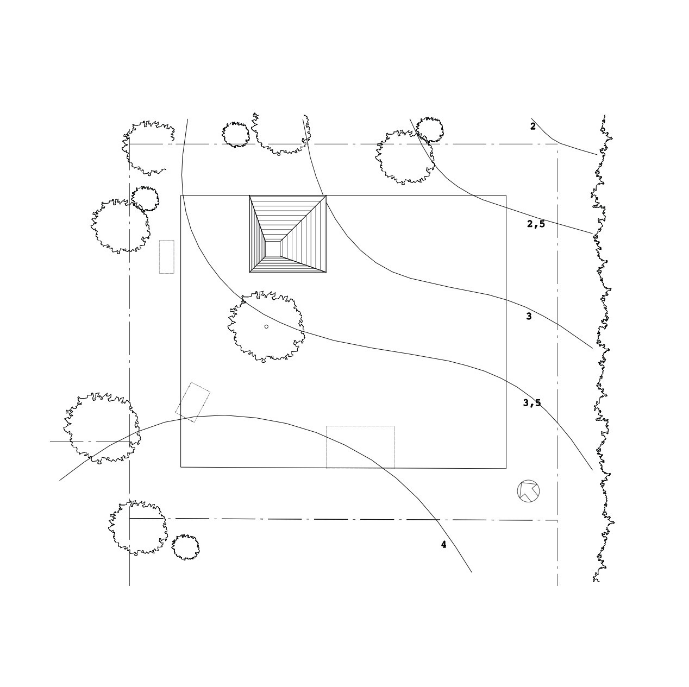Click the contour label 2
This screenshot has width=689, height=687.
[533, 127]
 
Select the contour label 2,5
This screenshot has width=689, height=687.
[536, 224]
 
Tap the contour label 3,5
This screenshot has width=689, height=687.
[532, 403]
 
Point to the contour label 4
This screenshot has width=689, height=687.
[443, 544]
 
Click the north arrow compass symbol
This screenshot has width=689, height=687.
[528, 491]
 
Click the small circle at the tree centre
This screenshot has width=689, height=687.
[266, 326]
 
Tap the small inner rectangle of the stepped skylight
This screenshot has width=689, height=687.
[272, 249]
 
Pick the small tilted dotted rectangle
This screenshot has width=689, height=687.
[192, 402]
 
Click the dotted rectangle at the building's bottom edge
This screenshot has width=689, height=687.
[360, 447]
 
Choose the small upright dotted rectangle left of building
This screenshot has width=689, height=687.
[166, 256]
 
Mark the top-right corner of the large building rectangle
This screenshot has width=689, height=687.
[506, 195]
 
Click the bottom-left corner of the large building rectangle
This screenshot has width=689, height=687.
[181, 467]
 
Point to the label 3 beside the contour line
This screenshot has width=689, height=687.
[529, 316]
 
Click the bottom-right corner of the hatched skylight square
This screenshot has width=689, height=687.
[326, 272]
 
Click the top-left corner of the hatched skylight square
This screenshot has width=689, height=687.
[249, 196]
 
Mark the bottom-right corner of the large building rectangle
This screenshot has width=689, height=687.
[506, 468]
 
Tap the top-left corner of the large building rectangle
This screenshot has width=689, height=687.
[181, 195]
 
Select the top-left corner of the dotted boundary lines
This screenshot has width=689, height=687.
[129, 144]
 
